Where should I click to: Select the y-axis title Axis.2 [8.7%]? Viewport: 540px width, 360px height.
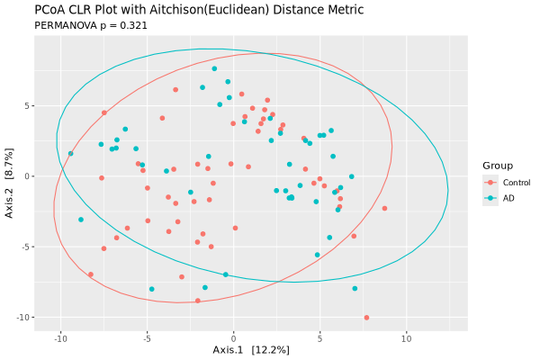[10, 176]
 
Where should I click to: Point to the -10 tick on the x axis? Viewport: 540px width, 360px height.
[60, 338]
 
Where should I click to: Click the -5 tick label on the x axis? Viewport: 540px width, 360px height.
[147, 338]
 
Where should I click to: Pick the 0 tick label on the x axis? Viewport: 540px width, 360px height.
[233, 338]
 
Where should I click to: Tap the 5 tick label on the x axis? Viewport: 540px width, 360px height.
[319, 338]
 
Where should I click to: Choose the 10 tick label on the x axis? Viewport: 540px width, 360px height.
[406, 338]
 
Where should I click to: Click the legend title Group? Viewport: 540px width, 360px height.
[498, 166]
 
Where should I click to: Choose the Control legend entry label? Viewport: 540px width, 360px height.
[517, 183]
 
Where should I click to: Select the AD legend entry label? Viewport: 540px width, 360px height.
[508, 198]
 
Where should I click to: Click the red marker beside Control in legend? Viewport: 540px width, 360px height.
[490, 183]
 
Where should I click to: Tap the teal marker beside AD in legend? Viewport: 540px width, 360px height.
[490, 198]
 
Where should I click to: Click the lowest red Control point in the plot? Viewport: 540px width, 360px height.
[366, 318]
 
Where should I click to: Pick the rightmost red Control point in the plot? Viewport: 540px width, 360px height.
[384, 209]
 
